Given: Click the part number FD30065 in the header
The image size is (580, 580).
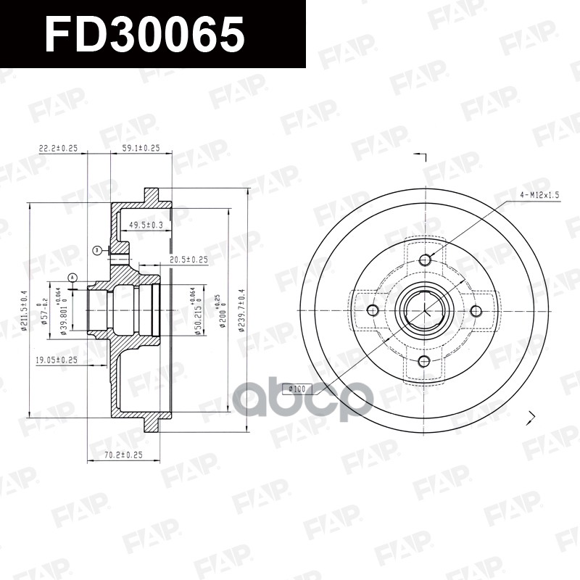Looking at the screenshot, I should (x=144, y=34).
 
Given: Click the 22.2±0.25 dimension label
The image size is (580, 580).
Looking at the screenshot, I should (x=58, y=148).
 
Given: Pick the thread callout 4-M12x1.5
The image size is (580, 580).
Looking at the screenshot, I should (x=540, y=195).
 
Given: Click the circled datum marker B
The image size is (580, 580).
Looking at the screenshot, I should (x=96, y=250).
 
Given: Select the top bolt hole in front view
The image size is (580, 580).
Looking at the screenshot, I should (x=425, y=260).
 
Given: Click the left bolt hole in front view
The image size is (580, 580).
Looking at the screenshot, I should (x=373, y=311).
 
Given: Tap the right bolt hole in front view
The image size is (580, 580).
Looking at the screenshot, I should (x=476, y=311).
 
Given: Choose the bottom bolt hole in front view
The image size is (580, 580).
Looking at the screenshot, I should (x=425, y=362).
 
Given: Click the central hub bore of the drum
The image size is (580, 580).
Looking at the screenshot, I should (x=425, y=311).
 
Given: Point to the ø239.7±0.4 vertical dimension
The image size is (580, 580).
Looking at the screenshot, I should (x=241, y=310).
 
